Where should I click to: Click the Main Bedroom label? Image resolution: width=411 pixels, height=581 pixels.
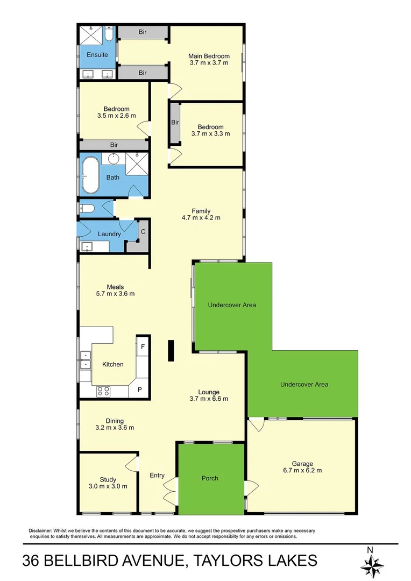[209, 56]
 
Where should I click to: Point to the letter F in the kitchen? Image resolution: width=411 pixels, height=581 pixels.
[143, 347]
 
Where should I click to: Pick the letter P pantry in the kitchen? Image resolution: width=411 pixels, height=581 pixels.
[139, 389]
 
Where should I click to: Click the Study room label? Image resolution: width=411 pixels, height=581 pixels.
[108, 479]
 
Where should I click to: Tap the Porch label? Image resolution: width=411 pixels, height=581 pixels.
[210, 478]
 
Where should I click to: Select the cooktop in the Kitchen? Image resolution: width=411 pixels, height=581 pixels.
[103, 392]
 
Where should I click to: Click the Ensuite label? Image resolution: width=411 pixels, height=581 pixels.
[97, 55]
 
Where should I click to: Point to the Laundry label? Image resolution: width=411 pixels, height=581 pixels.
[109, 234]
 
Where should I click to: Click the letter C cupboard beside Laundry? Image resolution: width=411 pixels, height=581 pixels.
[143, 231]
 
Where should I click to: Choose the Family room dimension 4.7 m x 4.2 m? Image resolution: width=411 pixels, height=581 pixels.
[201, 218]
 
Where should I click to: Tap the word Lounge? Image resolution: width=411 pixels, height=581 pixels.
[208, 392]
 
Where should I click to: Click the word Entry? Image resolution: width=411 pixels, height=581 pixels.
[157, 475]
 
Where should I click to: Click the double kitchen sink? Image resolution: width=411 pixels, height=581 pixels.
[86, 359]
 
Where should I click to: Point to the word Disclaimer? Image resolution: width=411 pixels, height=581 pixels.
[41, 530]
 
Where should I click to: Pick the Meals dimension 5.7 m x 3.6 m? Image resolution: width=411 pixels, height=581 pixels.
[115, 294]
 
